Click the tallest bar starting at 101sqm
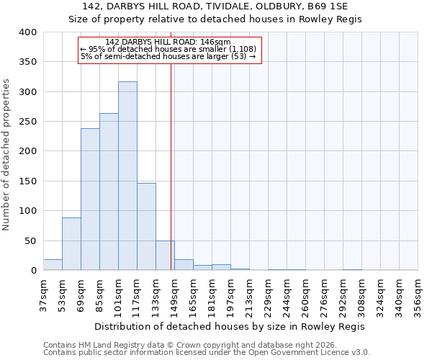click(x=127, y=176)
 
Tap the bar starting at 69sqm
click(x=90, y=199)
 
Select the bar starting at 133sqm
click(x=165, y=256)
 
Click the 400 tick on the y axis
click(x=27, y=32)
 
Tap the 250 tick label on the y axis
click(x=27, y=122)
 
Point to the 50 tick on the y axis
click(x=30, y=240)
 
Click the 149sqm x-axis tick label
click(x=174, y=294)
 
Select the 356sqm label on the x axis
click(x=418, y=294)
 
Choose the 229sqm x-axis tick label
click(x=268, y=294)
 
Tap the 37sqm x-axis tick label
click(x=43, y=294)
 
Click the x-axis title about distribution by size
click(x=230, y=326)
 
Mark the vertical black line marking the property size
click(x=171, y=166)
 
